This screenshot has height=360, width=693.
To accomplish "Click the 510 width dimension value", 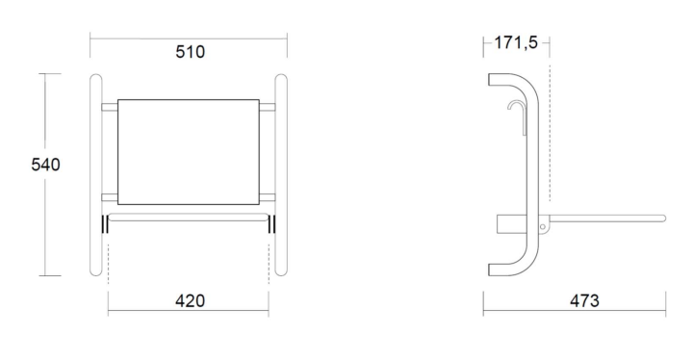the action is [190, 52].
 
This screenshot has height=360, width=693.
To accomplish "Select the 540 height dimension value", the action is [45, 165].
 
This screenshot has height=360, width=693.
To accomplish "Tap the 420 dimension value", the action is [190, 300].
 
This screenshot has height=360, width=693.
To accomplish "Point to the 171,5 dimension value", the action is [515, 42].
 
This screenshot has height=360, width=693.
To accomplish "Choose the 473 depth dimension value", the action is [584, 300].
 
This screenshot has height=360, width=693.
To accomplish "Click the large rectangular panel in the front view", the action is [189, 152].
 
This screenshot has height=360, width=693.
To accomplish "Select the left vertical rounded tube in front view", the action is [95, 175].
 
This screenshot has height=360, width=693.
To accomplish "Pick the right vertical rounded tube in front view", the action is [281, 175].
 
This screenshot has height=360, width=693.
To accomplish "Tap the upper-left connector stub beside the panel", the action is [110, 107].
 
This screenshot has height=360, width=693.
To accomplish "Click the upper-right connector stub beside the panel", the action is [267, 107].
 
